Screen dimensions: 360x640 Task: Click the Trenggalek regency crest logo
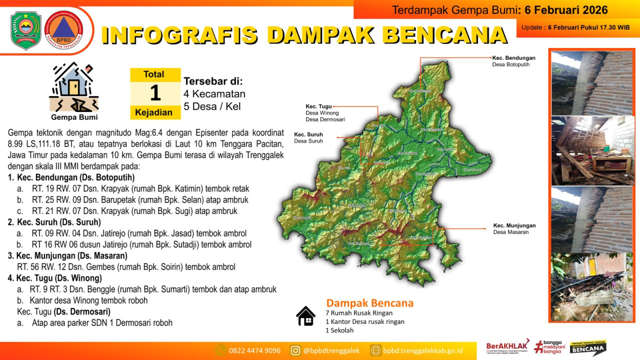26,30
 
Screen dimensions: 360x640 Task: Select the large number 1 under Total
155,93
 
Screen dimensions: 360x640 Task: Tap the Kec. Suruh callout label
308,134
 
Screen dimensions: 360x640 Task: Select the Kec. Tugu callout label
319,106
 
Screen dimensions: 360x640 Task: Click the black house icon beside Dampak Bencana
305,316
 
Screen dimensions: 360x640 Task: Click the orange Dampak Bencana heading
369,303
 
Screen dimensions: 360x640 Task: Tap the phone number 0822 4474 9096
254,350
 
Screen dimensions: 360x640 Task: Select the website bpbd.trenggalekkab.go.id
422,350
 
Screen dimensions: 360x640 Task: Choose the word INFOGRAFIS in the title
179,34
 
